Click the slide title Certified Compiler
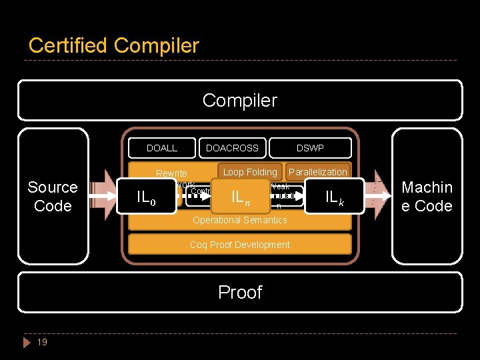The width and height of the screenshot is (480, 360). tap(113, 45)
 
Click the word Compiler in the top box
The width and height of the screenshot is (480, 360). tap(239, 100)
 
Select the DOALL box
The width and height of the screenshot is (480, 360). tap(162, 148)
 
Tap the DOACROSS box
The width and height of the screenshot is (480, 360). tap(233, 148)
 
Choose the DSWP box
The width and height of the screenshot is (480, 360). tap(310, 148)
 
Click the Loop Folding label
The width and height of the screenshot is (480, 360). tap(250, 172)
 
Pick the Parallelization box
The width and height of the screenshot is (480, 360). tap(317, 172)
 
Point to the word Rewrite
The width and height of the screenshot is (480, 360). tap(171, 174)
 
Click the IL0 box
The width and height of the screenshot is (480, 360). tap(145, 197)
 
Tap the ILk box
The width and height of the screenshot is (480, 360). tap(334, 196)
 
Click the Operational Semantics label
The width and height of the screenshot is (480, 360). tap(239, 220)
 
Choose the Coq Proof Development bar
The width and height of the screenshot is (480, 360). tap(239, 245)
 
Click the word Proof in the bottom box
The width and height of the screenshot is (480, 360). tap(239, 292)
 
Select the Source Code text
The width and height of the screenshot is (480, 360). tap(53, 196)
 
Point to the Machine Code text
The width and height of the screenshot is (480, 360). tap(427, 196)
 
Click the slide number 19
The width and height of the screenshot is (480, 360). tap(42, 342)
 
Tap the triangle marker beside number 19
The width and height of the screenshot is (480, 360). tap(27, 342)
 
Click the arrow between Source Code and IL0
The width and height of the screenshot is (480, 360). tap(103, 196)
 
